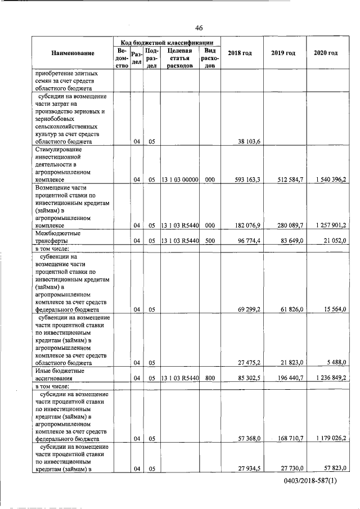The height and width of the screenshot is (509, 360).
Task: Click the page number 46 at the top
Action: pos(199,28)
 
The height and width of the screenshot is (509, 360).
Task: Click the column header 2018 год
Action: pos(240,53)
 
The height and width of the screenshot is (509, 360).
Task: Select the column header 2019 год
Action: pos(283,53)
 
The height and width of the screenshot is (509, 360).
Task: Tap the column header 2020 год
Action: pos(326,53)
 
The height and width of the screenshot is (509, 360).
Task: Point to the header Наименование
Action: pos(73,53)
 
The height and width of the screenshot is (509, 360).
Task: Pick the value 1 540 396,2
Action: pos(327,179)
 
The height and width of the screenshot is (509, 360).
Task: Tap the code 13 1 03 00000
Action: pos(179,179)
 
